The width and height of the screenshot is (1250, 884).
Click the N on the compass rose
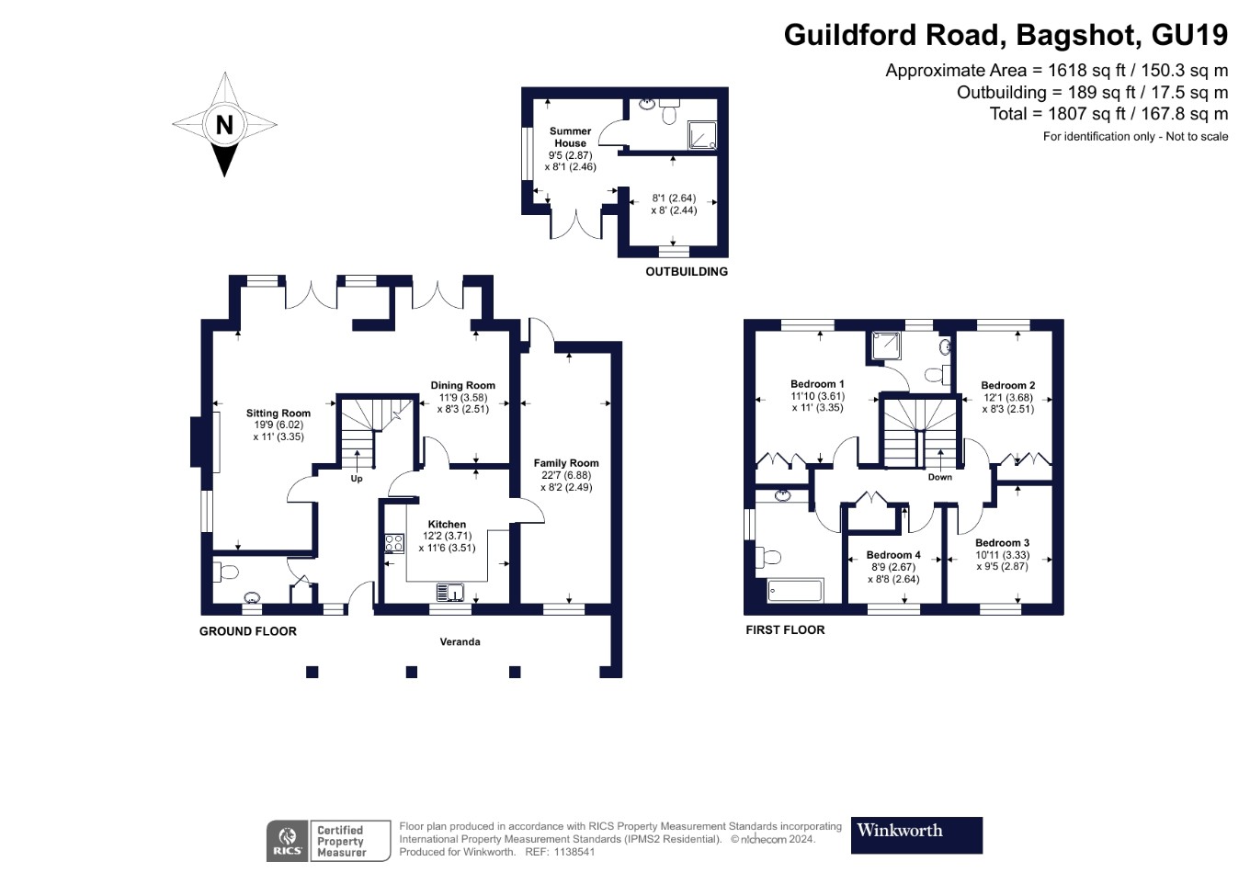pyautogui.click(x=224, y=124)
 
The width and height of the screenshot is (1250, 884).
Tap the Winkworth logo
pyautogui.click(x=915, y=834)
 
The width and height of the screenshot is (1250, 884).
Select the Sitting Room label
pyautogui.click(x=278, y=414)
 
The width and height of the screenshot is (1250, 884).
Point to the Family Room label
pyautogui.click(x=565, y=463)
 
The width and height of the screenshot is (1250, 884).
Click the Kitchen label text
pyautogui.click(x=447, y=524)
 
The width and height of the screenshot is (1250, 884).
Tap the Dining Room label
pyautogui.click(x=462, y=386)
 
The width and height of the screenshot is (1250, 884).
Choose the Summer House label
pyautogui.click(x=570, y=137)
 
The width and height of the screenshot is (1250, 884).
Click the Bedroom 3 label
pyautogui.click(x=1002, y=543)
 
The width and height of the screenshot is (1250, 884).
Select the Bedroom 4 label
pyautogui.click(x=892, y=555)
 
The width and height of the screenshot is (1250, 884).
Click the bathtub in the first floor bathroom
pyautogui.click(x=795, y=591)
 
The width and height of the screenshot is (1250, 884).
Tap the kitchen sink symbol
pyautogui.click(x=450, y=592)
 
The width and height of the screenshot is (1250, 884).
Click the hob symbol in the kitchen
pyautogui.click(x=394, y=543)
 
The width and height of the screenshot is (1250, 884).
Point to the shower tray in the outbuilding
pyautogui.click(x=702, y=136)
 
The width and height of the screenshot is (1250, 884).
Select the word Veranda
pyautogui.click(x=460, y=641)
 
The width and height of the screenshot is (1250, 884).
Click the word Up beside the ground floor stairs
pyautogui.click(x=357, y=479)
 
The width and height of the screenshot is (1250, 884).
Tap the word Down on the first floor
pyautogui.click(x=939, y=477)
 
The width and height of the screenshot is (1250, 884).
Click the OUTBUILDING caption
pyautogui.click(x=686, y=272)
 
